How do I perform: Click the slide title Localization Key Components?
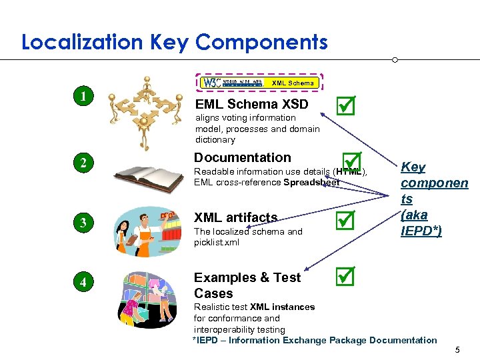click(175, 43)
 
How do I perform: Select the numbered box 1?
click(83, 96)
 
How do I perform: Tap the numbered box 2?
click(83, 163)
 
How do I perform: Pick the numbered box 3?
click(83, 223)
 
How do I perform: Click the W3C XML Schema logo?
click(261, 83)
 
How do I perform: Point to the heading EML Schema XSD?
click(251, 104)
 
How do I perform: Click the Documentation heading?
click(242, 157)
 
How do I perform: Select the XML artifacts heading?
click(235, 217)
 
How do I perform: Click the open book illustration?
click(148, 176)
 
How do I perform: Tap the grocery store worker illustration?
click(148, 230)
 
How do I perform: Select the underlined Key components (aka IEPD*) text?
click(434, 199)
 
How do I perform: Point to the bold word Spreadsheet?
click(311, 182)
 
